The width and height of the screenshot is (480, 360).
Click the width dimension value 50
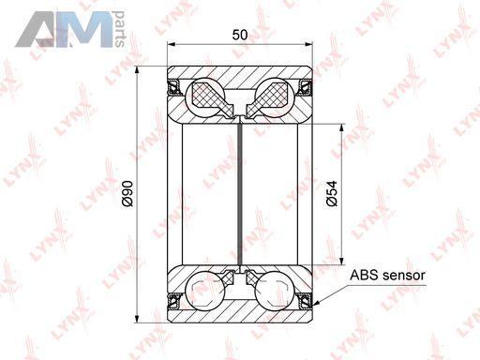pyautogui.click(x=240, y=35)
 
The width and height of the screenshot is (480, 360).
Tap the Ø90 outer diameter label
pyautogui.click(x=127, y=194)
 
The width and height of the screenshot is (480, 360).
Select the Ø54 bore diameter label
pyautogui.click(x=332, y=193)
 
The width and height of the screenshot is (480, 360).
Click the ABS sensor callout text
pyautogui.click(x=387, y=276)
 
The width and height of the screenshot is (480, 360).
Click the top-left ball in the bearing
pyautogui.click(x=205, y=97)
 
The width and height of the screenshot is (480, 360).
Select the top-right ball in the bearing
pyautogui.click(x=275, y=97)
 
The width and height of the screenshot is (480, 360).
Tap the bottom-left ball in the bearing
pyautogui.click(x=205, y=292)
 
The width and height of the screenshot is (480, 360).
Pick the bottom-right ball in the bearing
pyautogui.click(x=275, y=292)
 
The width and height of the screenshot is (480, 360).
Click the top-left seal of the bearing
pyautogui.click(x=173, y=87)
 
